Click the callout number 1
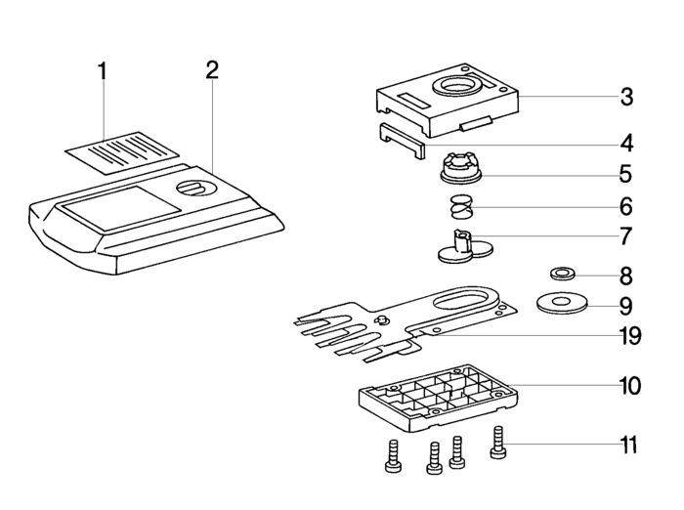pyautogui.click(x=102, y=71)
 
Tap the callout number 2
pyautogui.click(x=212, y=69)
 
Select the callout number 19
pyautogui.click(x=630, y=336)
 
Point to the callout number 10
pyautogui.click(x=630, y=386)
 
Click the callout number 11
pyautogui.click(x=629, y=446)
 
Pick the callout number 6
pyautogui.click(x=626, y=206)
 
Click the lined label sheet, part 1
pyautogui.click(x=122, y=152)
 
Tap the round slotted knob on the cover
pyautogui.click(x=196, y=188)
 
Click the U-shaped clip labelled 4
pyautogui.click(x=401, y=140)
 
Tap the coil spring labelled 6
pyautogui.click(x=462, y=206)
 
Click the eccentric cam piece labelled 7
pyautogui.click(x=465, y=247)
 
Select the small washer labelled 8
pyautogui.click(x=562, y=275)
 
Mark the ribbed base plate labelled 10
pyautogui.click(x=439, y=398)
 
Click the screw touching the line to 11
pyautogui.click(x=498, y=443)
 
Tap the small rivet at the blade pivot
pyautogui.click(x=381, y=320)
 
